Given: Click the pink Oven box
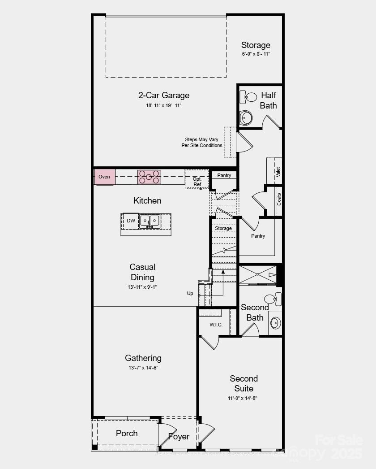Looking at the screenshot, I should pos(104,177).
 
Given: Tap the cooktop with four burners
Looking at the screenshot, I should pos(149,177).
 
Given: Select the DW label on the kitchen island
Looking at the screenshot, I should pos(131,221).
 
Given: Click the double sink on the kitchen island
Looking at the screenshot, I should pos(150,221).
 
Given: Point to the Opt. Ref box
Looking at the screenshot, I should pos(197,179).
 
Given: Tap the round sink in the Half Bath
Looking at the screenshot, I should pos(246,118).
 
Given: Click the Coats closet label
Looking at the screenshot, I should pos(279,200).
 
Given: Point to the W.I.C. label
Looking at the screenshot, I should pos(216,325).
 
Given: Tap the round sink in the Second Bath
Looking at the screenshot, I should pos(275,322).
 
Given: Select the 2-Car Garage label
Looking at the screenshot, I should pos(163,95).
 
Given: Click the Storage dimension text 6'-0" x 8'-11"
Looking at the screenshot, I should pos(256,54).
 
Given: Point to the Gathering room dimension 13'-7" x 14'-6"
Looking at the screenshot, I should pos(143,368).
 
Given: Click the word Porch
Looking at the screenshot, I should pos(127,434).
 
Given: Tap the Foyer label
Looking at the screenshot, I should pos(179,436).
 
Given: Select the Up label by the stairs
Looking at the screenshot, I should pos(190,293).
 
